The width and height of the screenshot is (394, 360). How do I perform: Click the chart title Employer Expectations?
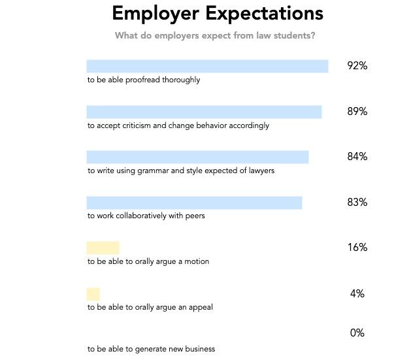(x=218, y=13)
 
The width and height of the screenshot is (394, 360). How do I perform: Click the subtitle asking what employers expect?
(x=215, y=35)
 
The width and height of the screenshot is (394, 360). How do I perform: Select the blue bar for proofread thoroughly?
(x=207, y=66)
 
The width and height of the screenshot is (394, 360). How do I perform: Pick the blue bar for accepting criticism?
(x=204, y=112)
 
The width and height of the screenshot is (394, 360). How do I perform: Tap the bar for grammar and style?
(x=197, y=157)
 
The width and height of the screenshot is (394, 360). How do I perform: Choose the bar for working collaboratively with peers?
(x=194, y=203)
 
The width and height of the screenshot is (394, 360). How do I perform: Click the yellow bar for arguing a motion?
(x=103, y=248)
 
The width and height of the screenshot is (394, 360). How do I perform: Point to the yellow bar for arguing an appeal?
(x=93, y=293)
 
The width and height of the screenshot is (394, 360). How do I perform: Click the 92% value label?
(x=357, y=66)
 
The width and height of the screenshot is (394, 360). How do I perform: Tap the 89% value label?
(x=357, y=112)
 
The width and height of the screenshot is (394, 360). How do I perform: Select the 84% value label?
(x=357, y=157)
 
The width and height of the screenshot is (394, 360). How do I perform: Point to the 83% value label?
(x=357, y=203)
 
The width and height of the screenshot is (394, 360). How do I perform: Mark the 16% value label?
(x=357, y=248)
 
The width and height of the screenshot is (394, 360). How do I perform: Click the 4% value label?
(x=357, y=294)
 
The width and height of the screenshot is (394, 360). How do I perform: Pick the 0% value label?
(x=357, y=333)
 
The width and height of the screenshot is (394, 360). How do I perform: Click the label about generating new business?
(x=151, y=349)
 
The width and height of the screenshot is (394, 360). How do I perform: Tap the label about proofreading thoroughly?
(x=144, y=80)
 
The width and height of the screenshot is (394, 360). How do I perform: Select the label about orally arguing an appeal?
(x=150, y=307)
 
